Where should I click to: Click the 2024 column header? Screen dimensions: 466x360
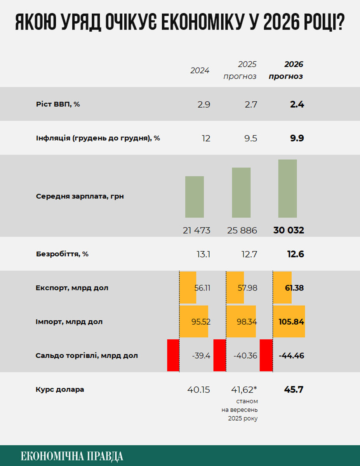[200, 71]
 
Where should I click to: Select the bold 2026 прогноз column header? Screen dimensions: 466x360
[286, 70]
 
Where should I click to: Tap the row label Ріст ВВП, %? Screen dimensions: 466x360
[58, 104]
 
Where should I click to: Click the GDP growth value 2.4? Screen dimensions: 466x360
[297, 104]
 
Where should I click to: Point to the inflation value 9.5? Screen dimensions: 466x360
[249, 138]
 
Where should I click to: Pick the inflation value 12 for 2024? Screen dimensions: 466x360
[206, 138]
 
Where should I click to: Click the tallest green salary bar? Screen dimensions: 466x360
[287, 188]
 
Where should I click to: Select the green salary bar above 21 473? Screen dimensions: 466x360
[194, 197]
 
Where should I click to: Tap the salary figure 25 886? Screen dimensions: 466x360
[242, 230]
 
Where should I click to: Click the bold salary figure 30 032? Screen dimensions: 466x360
[289, 230]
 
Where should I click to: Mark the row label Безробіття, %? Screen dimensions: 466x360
[62, 254]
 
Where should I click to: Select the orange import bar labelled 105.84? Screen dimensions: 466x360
[289, 322]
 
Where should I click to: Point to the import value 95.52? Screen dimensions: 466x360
[200, 322]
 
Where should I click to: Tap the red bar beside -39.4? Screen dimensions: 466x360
[173, 355]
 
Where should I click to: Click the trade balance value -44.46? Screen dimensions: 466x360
[291, 355]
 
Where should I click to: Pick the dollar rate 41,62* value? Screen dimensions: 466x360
[245, 389]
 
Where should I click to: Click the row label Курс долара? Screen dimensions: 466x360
[60, 389]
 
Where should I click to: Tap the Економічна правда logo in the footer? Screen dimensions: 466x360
[72, 456]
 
